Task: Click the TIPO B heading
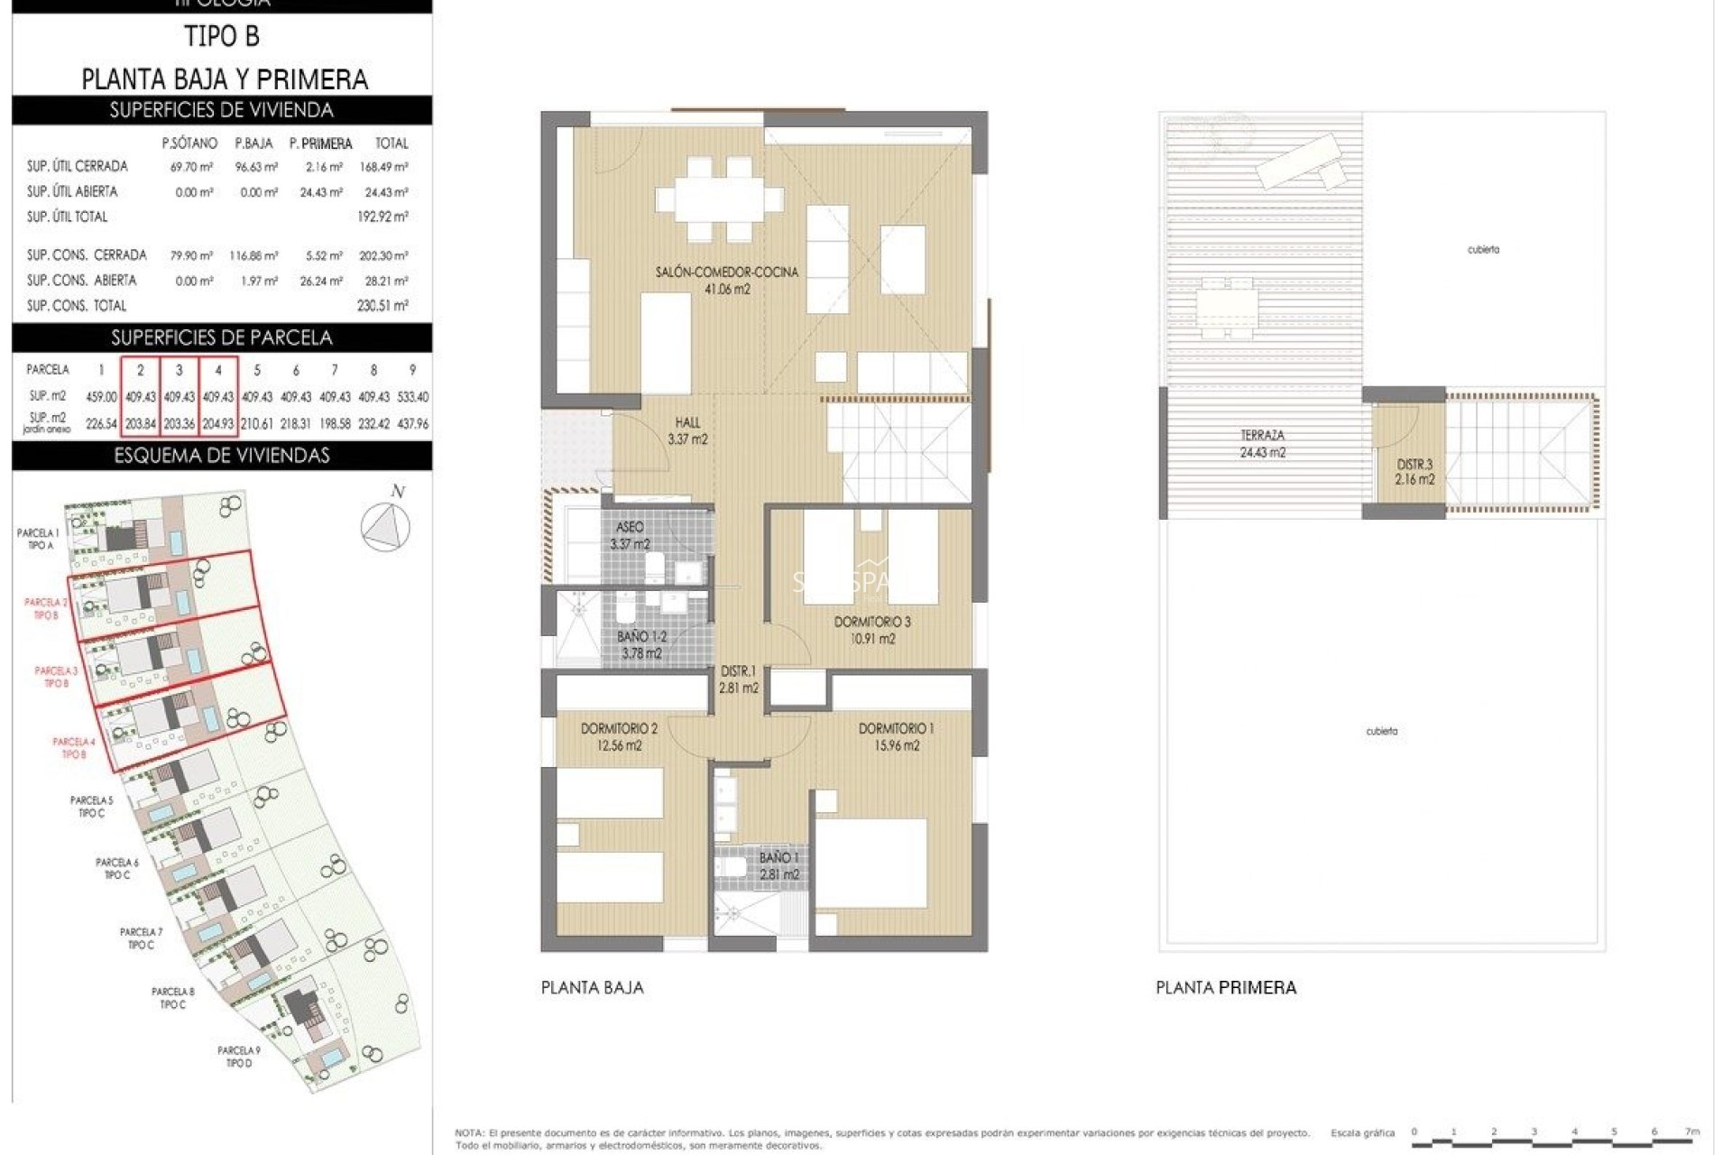coord(222,37)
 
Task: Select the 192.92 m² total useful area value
coord(382,217)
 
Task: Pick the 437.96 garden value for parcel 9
coord(412,423)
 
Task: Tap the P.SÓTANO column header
coord(189,143)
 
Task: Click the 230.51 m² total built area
coord(382,306)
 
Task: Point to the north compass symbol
coord(385,524)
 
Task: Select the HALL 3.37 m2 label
coord(687,430)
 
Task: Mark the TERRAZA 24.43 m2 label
coord(1262,444)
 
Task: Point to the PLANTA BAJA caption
coord(593,987)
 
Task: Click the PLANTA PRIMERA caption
coord(1226,987)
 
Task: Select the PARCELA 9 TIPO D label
coord(239,1057)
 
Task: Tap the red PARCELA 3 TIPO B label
coord(56,677)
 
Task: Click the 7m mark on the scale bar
coord(1692,1132)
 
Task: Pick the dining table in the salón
coord(720,199)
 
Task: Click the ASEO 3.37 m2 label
coord(630,535)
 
